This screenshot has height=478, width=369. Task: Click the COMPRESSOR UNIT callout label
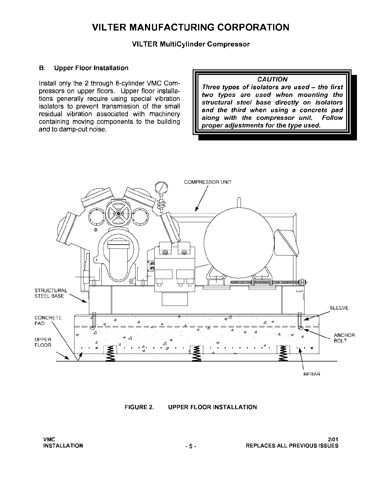coord(208,182)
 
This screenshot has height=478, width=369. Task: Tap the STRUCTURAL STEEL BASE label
coord(50,293)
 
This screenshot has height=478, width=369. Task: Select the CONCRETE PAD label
coord(48,320)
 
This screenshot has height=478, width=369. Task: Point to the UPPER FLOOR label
coord(43,342)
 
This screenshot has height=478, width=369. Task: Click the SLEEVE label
coord(339,308)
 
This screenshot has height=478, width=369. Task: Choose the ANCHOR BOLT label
coord(344,338)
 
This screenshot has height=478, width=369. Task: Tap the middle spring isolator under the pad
coord(196,353)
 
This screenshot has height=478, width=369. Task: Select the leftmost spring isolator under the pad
coord(110,353)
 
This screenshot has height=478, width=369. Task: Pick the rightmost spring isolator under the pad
coord(283,353)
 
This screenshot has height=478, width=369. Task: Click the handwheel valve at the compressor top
coord(118,213)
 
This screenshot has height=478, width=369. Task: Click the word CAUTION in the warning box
coord(272,79)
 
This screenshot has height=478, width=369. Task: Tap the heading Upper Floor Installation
coord(91,68)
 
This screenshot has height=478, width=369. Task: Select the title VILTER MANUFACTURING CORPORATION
coord(191,27)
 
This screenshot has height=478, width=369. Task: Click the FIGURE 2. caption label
coord(139,407)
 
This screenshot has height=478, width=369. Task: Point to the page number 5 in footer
coord(191,446)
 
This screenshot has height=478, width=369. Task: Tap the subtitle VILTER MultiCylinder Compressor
coord(191,44)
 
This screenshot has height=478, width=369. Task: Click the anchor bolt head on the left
coord(93,313)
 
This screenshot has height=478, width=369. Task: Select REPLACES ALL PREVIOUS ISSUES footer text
coord(292,446)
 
